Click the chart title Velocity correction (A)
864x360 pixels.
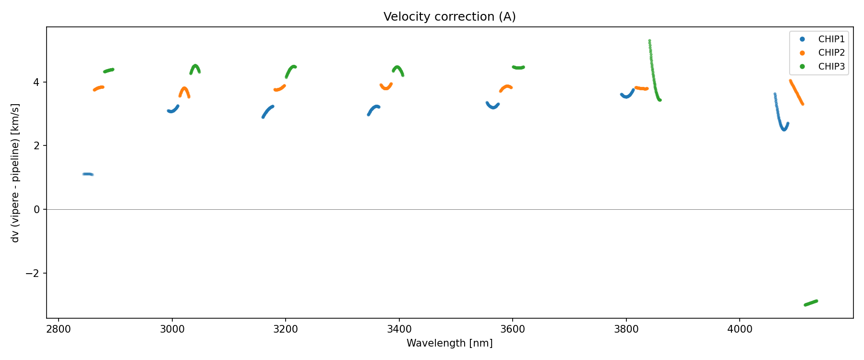click(x=449, y=17)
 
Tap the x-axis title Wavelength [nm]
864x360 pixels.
click(x=449, y=343)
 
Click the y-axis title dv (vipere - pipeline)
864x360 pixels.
click(x=15, y=173)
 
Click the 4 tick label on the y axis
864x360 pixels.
click(x=36, y=82)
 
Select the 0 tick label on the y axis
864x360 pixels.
click(x=36, y=210)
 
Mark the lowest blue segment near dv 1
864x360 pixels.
click(x=87, y=174)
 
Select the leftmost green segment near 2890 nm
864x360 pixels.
click(x=108, y=71)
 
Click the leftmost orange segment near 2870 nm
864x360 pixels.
click(x=98, y=88)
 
